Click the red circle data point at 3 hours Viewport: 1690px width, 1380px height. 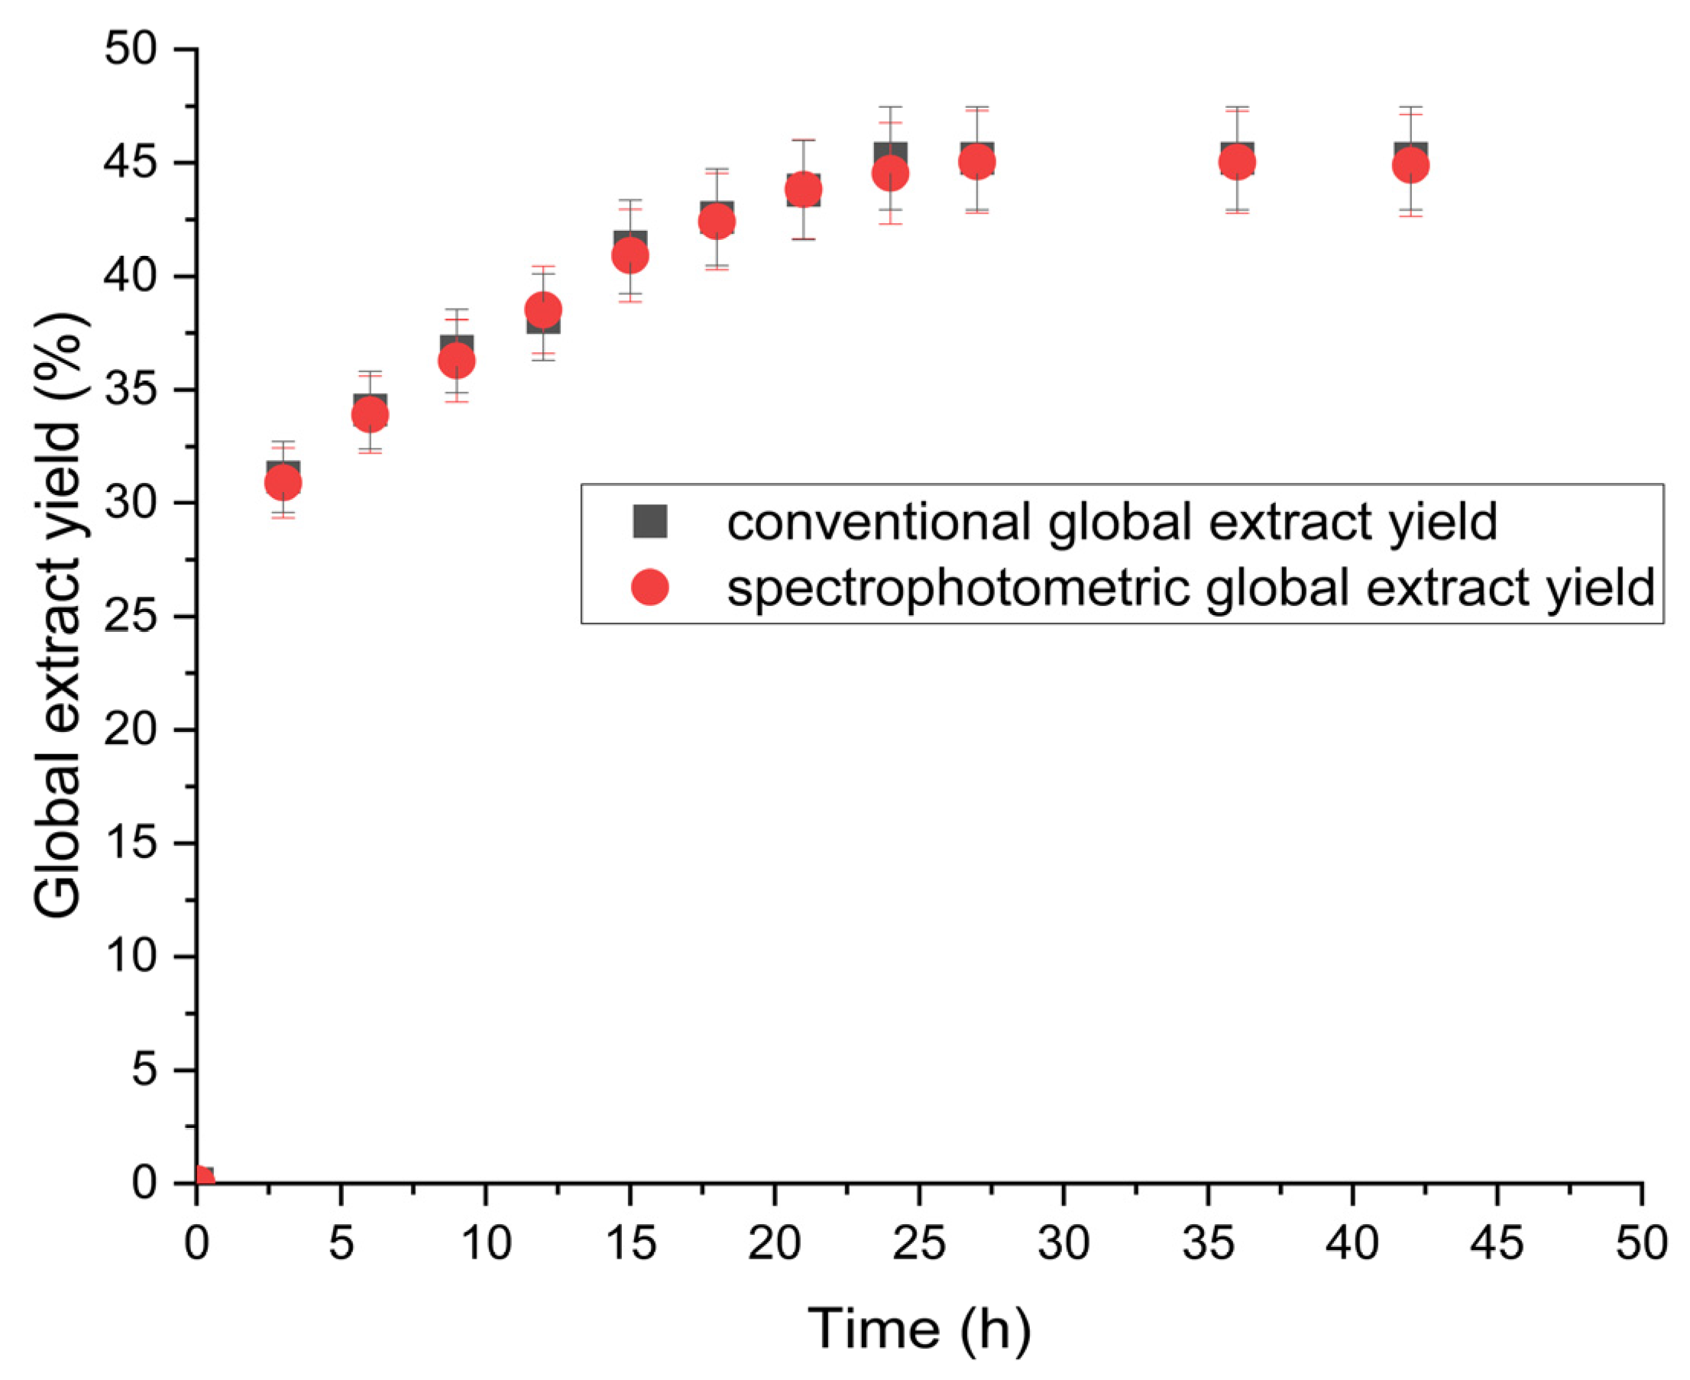pos(282,481)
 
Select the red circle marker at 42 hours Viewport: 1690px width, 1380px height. pos(1411,165)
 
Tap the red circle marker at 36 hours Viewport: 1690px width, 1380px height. pos(1237,162)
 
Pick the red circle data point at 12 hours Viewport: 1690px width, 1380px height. pos(544,309)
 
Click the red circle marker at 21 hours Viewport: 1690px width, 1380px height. pos(804,190)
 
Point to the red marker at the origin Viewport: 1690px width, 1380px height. pos(203,1178)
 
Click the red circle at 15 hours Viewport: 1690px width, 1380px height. pos(630,255)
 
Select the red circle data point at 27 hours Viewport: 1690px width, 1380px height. pos(977,162)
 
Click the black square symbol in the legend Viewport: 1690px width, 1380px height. pos(649,522)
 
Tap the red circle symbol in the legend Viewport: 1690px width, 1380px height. pos(649,588)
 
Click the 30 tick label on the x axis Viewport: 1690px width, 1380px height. pos(1064,1242)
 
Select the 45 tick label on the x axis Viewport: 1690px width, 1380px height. pos(1497,1242)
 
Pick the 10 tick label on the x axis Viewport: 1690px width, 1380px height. pos(486,1242)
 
